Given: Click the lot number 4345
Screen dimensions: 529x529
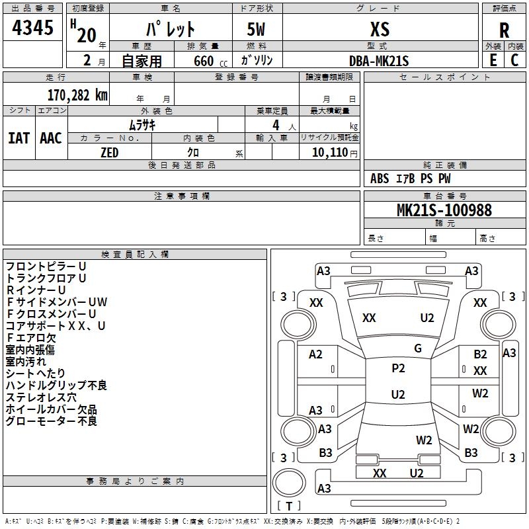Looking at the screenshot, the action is [32, 28].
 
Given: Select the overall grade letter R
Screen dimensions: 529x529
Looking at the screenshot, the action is [504, 30].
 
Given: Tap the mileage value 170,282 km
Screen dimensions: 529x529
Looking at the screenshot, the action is [77, 95].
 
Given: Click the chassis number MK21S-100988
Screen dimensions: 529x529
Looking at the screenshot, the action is [444, 210].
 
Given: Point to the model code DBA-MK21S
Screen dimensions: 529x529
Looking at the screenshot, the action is [379, 61].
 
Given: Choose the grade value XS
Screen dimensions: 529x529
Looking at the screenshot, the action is [380, 29].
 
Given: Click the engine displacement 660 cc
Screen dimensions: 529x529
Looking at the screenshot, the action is [210, 61].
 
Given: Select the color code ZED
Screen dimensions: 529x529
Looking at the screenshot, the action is [110, 153].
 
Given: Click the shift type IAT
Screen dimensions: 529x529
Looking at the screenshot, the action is [19, 138].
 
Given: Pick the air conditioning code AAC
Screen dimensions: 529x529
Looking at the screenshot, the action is [51, 138].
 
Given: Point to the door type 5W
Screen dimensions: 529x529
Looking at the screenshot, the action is [256, 29].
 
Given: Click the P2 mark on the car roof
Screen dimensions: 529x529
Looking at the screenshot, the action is [398, 368].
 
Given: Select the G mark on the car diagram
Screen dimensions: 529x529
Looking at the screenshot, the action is [418, 348].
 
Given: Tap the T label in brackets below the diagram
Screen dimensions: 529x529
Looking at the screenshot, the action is [289, 506].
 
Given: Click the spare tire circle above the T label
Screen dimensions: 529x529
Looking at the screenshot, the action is [289, 483].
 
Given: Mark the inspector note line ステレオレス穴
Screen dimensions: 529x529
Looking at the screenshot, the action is [41, 397].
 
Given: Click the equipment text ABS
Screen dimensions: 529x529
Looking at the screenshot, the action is [380, 179].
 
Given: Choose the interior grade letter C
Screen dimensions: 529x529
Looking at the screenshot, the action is [514, 60].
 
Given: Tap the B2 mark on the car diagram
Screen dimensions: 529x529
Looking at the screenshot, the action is [480, 354].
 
